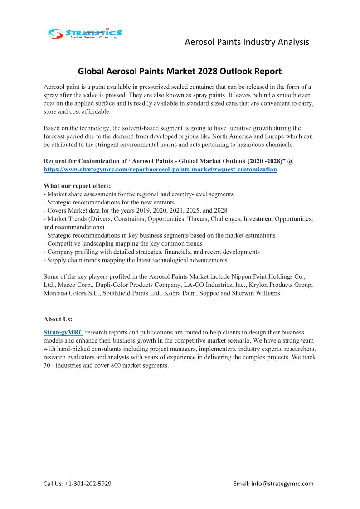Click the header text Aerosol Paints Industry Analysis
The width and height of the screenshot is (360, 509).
point(247,42)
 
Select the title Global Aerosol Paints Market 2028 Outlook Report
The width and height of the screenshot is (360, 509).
point(180,71)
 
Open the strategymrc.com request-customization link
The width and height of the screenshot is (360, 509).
point(160,169)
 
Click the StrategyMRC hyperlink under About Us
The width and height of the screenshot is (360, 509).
point(63,332)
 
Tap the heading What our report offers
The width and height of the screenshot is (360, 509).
point(77,186)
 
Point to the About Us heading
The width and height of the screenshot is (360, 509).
point(58,319)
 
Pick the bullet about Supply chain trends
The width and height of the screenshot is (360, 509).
point(135,260)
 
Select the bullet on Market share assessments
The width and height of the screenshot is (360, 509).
point(138,194)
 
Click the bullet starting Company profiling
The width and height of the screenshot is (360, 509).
point(151,252)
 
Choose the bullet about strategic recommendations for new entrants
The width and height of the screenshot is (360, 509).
point(109,202)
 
